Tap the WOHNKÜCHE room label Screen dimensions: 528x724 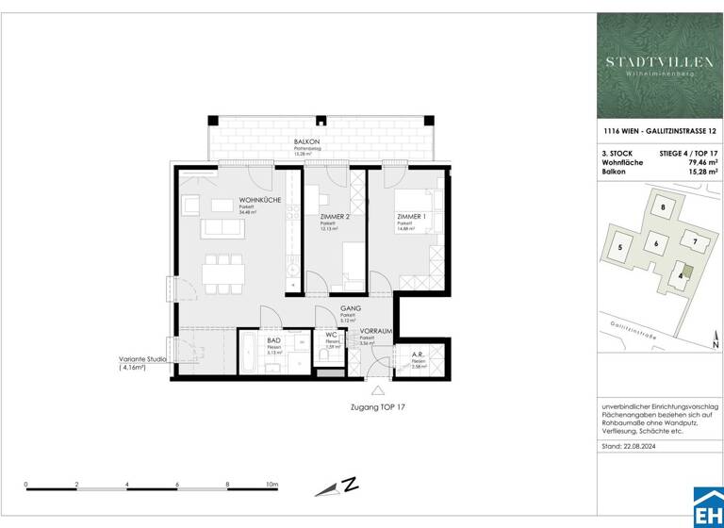(x=257, y=200)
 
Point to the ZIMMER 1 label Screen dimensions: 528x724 (x=411, y=217)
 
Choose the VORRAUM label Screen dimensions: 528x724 (x=375, y=330)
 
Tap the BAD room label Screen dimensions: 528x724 (x=274, y=339)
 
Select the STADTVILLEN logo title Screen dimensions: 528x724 (x=659, y=62)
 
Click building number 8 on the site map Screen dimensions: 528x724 (x=664, y=207)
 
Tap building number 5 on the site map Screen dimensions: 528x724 (x=619, y=248)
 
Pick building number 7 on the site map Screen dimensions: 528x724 (x=695, y=241)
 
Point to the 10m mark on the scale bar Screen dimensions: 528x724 (x=272, y=484)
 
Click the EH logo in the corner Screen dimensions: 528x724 (x=708, y=507)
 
